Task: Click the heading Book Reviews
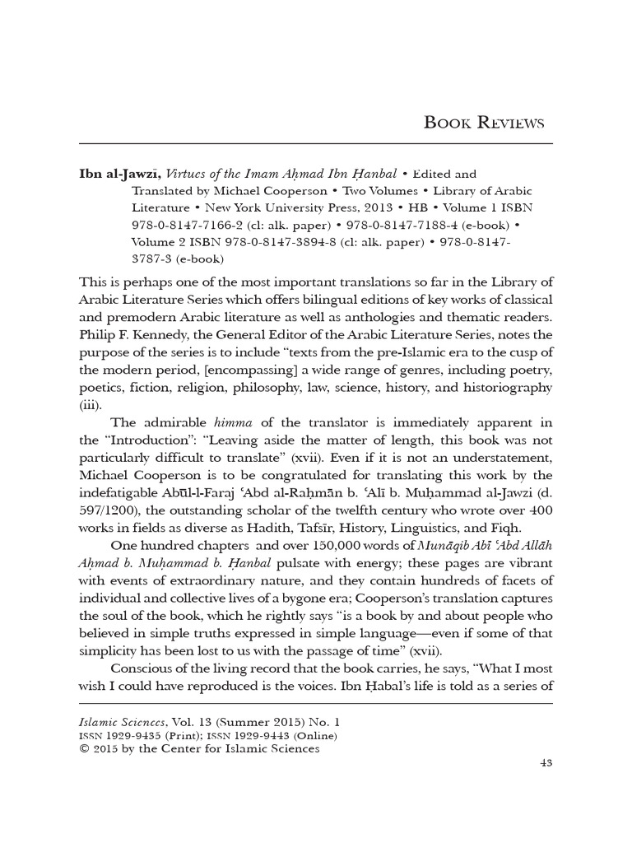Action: (x=484, y=123)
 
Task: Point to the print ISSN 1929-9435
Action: (x=142, y=735)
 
